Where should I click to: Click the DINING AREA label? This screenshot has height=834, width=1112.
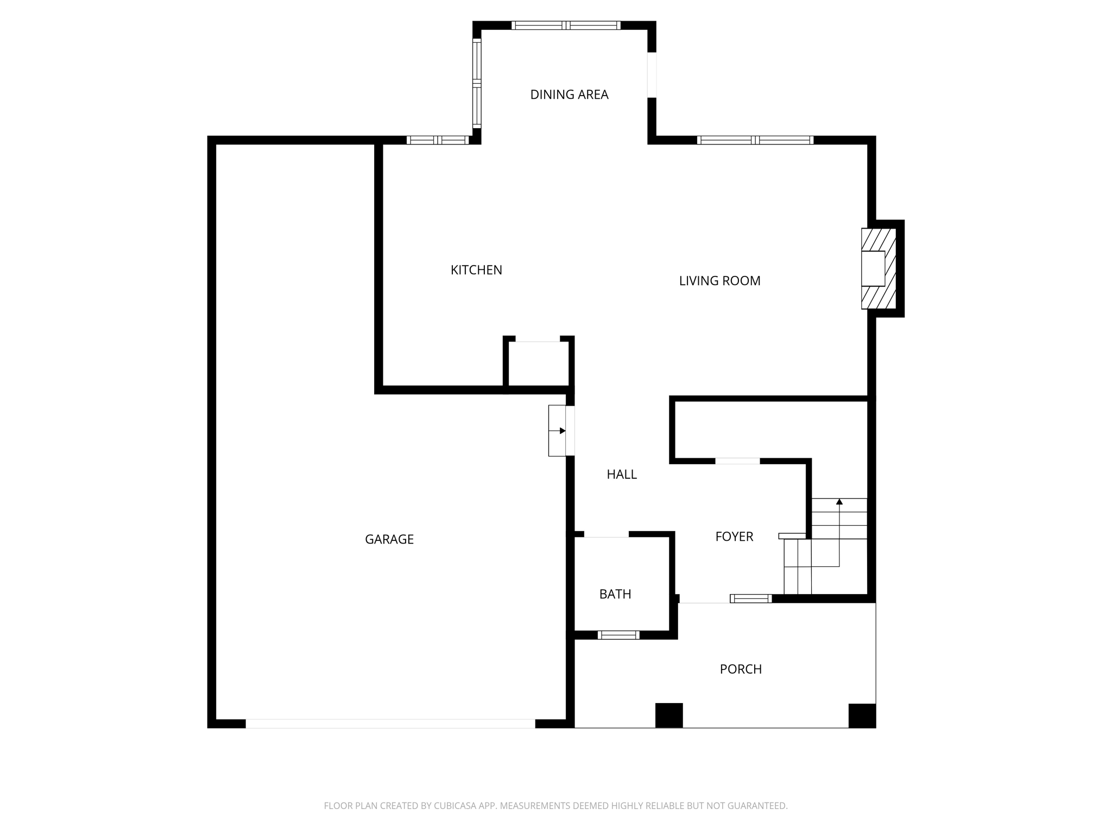(x=569, y=94)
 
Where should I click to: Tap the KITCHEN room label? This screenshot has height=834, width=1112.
(x=476, y=270)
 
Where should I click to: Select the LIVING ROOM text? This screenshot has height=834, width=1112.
(x=719, y=281)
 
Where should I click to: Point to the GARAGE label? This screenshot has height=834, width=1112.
(x=389, y=539)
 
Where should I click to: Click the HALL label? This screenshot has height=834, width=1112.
(x=622, y=475)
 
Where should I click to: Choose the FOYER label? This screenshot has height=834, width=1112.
(x=734, y=536)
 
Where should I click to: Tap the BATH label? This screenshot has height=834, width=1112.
(x=615, y=594)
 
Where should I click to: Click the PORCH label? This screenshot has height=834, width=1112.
(x=741, y=669)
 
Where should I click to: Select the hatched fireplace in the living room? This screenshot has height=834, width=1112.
(x=878, y=269)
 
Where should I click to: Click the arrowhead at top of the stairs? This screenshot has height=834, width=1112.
(x=839, y=502)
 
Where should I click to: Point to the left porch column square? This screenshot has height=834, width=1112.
(x=669, y=715)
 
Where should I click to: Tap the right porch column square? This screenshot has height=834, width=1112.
(x=862, y=715)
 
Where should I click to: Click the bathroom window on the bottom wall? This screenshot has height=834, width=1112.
(x=618, y=635)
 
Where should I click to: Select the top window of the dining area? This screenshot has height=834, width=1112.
(x=566, y=25)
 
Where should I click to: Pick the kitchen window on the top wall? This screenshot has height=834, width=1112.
(x=438, y=140)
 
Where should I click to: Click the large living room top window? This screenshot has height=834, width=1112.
(x=755, y=140)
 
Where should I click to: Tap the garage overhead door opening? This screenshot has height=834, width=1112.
(x=390, y=723)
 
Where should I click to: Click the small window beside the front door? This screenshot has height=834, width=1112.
(x=751, y=598)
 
